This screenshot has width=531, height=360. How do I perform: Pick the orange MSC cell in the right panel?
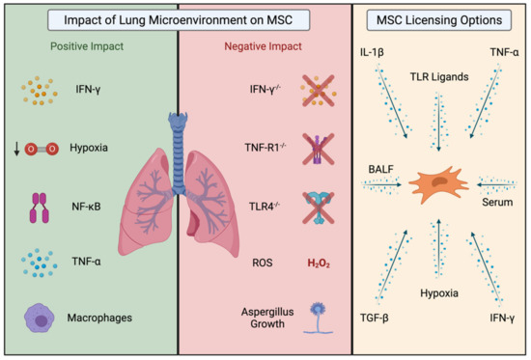point(442,180)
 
